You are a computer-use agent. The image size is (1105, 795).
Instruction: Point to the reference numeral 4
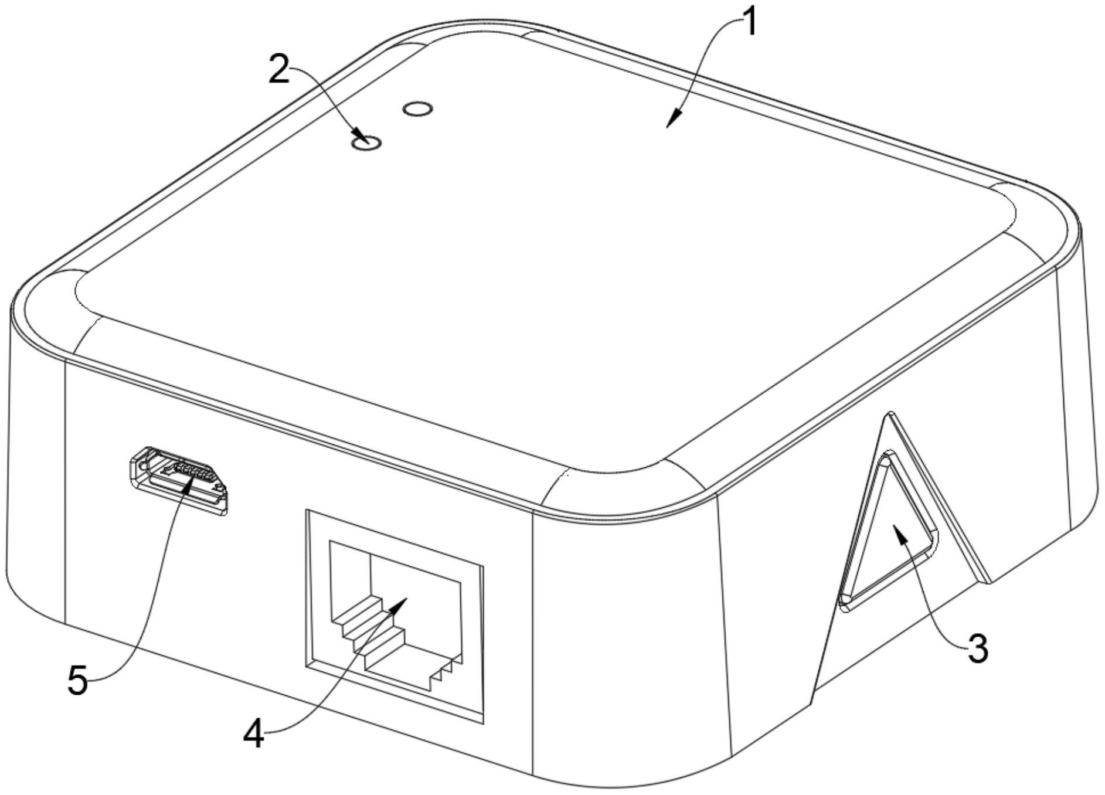click(254, 734)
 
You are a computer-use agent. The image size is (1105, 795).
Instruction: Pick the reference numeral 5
click(77, 681)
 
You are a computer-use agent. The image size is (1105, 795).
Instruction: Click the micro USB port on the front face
click(179, 480)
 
